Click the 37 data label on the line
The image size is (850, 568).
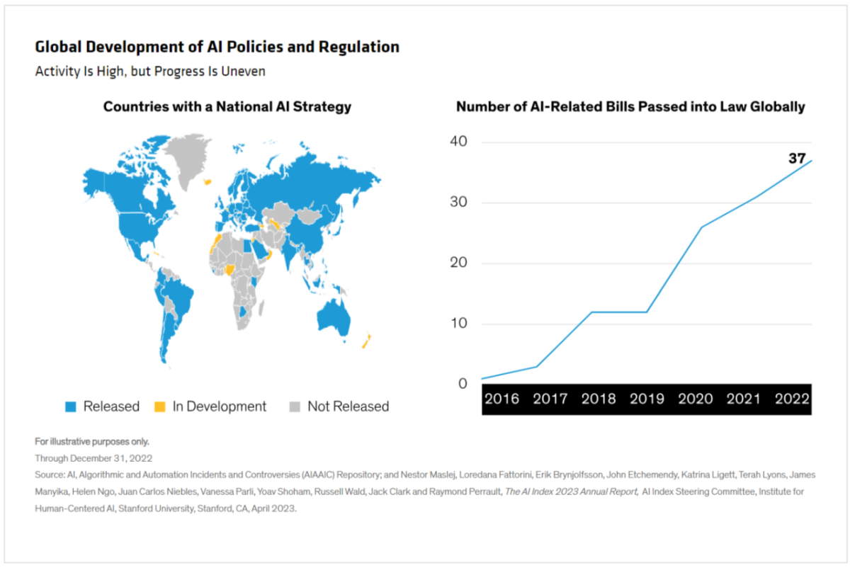pyautogui.click(x=797, y=159)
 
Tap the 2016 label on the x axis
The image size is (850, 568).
pyautogui.click(x=502, y=399)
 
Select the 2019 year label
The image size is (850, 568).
pyautogui.click(x=647, y=399)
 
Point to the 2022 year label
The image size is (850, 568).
pyautogui.click(x=791, y=399)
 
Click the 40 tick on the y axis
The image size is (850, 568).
pyautogui.click(x=458, y=142)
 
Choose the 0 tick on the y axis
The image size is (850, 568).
pyautogui.click(x=463, y=384)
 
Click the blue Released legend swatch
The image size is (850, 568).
pyautogui.click(x=71, y=407)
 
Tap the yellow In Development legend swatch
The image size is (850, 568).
pyautogui.click(x=160, y=407)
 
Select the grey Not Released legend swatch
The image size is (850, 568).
pyautogui.click(x=295, y=407)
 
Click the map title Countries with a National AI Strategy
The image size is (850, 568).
pyautogui.click(x=227, y=107)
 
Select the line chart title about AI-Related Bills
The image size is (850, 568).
pyautogui.click(x=630, y=107)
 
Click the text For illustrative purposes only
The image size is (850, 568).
pyautogui.click(x=92, y=441)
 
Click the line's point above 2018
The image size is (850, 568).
pyautogui.click(x=592, y=312)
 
